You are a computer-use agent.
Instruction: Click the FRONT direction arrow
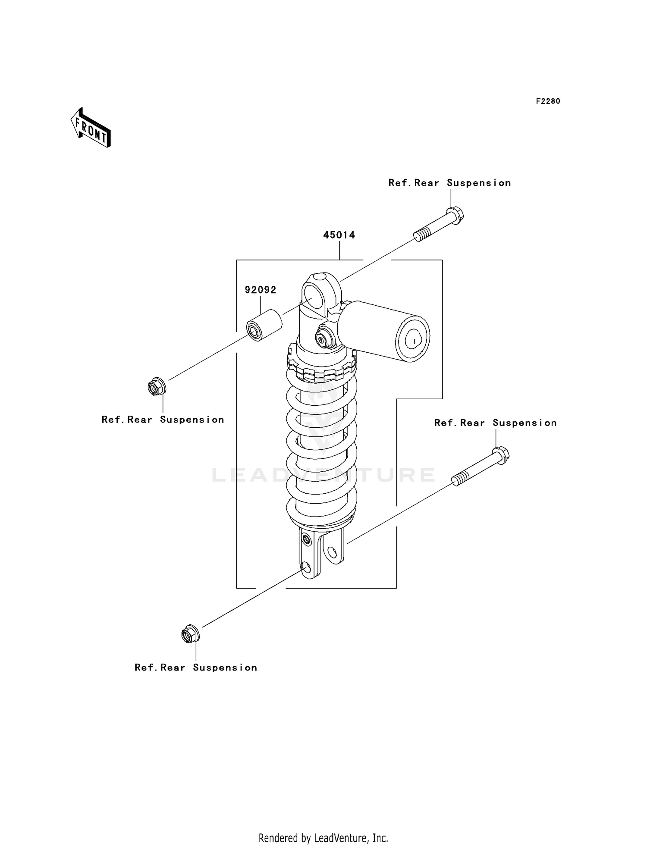pyautogui.click(x=91, y=128)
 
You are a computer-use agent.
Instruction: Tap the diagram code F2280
pyautogui.click(x=548, y=101)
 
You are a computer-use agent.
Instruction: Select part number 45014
pyautogui.click(x=339, y=235)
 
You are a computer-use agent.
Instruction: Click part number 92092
pyautogui.click(x=261, y=290)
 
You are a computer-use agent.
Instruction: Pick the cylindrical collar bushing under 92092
pyautogui.click(x=264, y=325)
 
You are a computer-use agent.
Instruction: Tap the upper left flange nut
pyautogui.click(x=156, y=386)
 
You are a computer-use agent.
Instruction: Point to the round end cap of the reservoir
pyautogui.click(x=412, y=339)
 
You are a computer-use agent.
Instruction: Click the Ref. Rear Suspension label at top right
pyautogui.click(x=449, y=183)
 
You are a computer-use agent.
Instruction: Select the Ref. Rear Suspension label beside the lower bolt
pyautogui.click(x=495, y=423)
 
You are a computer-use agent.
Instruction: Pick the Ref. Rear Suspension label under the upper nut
pyautogui.click(x=163, y=420)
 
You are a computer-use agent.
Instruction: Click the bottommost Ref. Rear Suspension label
pyautogui.click(x=195, y=667)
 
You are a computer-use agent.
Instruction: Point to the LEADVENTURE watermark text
pyautogui.click(x=323, y=475)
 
